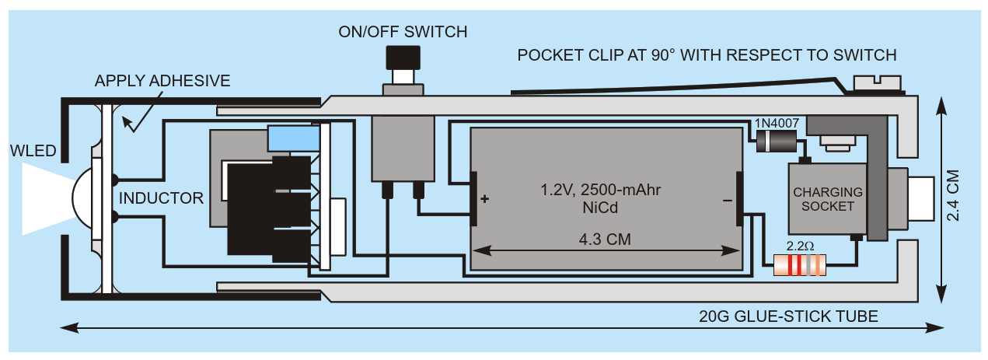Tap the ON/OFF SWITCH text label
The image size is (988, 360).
tap(403, 32)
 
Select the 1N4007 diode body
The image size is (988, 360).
tap(774, 141)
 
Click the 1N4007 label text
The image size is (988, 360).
tap(775, 123)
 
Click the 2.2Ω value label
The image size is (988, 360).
tap(800, 246)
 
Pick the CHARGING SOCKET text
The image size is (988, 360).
tap(828, 199)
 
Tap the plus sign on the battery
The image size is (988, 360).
tap(485, 199)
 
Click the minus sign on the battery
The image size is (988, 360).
tap(727, 200)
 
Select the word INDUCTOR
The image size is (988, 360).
tap(161, 198)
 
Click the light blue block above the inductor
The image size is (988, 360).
tap(293, 138)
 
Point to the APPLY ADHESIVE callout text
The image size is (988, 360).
tap(162, 81)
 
